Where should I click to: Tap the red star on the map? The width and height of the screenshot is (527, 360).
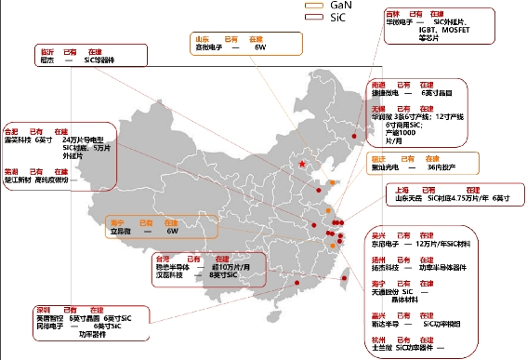pyautogui.click(x=301, y=165)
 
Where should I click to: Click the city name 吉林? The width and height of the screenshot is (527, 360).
pyautogui.click(x=393, y=14)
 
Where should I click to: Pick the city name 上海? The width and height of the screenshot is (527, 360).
pyautogui.click(x=398, y=188)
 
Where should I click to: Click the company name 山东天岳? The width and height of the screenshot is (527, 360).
pyautogui.click(x=406, y=198)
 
